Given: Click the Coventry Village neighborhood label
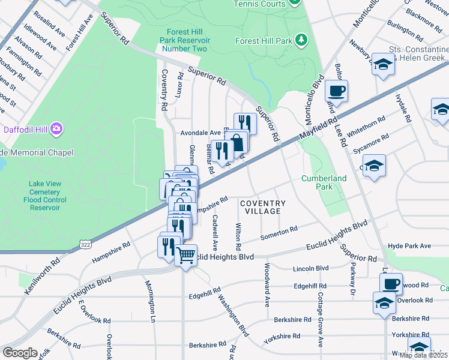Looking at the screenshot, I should pyautogui.click(x=261, y=208).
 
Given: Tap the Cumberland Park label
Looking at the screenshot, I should pyautogui.click(x=324, y=183).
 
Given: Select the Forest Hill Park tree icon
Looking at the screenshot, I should pyautogui.click(x=301, y=40).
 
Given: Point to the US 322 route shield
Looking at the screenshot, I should pyautogui.click(x=85, y=244).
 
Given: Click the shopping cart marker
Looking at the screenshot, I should pyautogui.click(x=186, y=256).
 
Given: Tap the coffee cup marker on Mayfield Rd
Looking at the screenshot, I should pyautogui.click(x=336, y=91).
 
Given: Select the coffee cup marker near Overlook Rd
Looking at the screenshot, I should pyautogui.click(x=391, y=283).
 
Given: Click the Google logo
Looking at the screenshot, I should pyautogui.click(x=20, y=353).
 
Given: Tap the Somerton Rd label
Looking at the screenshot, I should pyautogui.click(x=279, y=232).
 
